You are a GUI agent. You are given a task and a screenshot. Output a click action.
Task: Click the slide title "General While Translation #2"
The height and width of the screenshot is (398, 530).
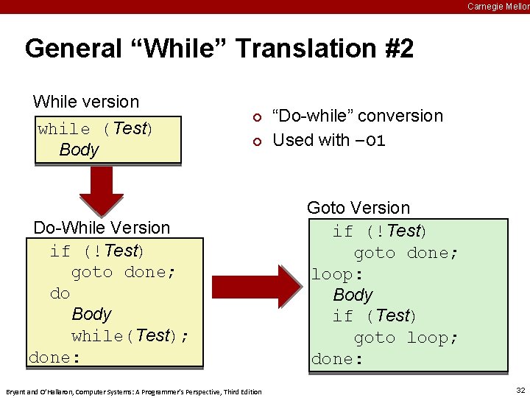[219, 49]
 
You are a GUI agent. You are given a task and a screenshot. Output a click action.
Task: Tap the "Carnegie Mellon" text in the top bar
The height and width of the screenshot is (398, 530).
[498, 7]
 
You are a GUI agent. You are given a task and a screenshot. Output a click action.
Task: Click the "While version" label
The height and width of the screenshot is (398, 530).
[86, 102]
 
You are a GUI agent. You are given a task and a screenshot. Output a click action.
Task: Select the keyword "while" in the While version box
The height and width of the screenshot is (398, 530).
[65, 129]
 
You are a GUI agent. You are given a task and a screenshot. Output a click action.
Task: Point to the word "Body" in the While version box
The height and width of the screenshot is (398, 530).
[79, 150]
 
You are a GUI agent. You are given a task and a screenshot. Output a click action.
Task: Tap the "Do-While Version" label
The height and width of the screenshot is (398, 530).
[102, 228]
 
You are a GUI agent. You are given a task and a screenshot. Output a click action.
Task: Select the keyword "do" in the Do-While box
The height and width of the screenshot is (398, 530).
[60, 293]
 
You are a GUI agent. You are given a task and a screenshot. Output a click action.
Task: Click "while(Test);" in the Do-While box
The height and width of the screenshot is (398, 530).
[130, 336]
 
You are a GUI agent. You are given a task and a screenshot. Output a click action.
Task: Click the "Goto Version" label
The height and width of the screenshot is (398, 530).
[358, 208]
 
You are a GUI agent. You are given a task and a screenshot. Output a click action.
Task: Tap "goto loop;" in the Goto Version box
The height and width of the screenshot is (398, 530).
[406, 338]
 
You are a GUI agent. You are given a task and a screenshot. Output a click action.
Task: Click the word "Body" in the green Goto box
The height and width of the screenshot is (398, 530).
[353, 295]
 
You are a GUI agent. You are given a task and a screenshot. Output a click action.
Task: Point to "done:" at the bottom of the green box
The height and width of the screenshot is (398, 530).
[337, 359]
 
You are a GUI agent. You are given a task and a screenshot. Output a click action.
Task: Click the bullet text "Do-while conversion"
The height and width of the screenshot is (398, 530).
[358, 116]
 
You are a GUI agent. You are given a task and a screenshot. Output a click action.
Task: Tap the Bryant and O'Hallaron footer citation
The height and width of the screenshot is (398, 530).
[133, 391]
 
